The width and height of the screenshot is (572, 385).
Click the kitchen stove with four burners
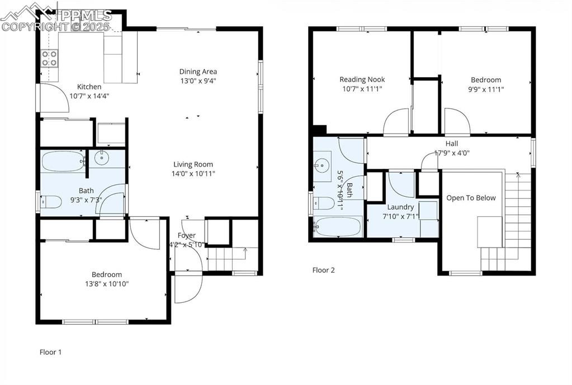click(49, 59)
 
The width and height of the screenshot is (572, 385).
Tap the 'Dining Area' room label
click(198, 72)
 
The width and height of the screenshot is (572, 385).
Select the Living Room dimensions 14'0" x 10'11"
click(194, 173)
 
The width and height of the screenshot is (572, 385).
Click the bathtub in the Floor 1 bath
click(62, 162)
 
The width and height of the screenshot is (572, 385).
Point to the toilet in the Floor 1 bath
click(51, 202)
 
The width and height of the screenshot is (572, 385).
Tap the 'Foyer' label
click(187, 235)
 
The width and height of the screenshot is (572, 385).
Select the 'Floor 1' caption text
click(50, 352)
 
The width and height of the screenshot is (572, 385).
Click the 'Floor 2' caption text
click(323, 270)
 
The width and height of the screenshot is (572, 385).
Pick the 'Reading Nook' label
click(362, 79)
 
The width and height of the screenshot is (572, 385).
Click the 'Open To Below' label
click(471, 198)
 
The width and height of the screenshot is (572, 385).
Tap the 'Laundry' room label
click(400, 207)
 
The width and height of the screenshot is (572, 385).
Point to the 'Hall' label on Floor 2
click(452, 144)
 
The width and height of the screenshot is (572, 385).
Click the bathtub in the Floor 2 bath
click(337, 227)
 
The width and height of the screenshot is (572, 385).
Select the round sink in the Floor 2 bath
click(321, 165)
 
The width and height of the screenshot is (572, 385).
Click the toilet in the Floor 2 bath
click(323, 202)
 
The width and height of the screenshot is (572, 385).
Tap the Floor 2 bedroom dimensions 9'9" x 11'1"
click(485, 89)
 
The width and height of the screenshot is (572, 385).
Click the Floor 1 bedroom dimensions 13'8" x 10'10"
click(107, 284)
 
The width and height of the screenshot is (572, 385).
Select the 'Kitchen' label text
click(89, 87)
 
